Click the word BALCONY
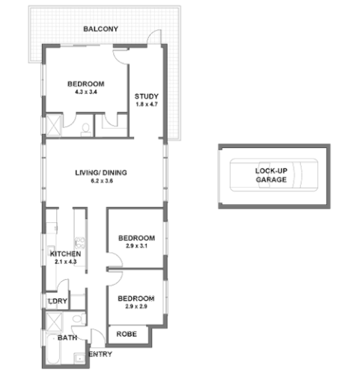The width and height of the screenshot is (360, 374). click(x=100, y=29)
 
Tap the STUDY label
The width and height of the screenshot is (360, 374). click(x=145, y=96)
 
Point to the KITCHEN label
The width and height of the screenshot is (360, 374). click(x=64, y=254)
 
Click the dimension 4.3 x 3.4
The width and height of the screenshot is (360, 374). click(x=85, y=92)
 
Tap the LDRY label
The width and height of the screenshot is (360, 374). click(x=58, y=301)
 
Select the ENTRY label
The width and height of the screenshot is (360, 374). click(x=101, y=355)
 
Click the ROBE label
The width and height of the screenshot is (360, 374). click(x=125, y=334)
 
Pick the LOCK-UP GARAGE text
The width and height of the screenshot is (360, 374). click(x=271, y=175)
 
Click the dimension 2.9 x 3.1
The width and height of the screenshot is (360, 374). click(x=137, y=246)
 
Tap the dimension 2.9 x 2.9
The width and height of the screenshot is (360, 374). click(x=136, y=306)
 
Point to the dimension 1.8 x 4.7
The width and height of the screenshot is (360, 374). click(x=145, y=105)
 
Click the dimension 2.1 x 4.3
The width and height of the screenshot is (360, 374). click(x=64, y=263)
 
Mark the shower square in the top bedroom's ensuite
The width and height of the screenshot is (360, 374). click(x=55, y=125)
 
